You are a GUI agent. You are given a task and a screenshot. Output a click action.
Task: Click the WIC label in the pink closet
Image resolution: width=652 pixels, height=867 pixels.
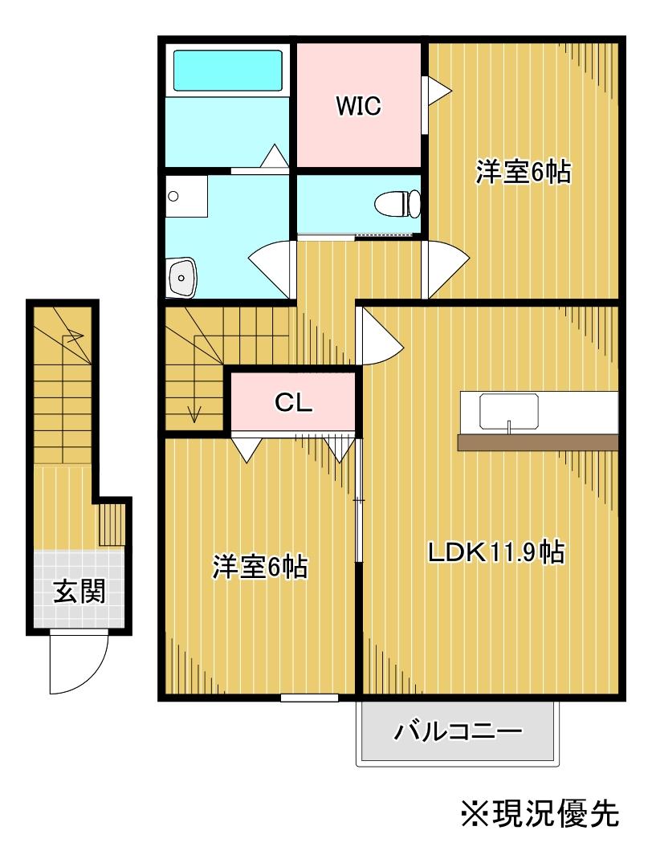pos(358,106)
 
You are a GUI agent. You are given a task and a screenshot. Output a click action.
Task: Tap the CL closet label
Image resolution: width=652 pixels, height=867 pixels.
pos(294,404)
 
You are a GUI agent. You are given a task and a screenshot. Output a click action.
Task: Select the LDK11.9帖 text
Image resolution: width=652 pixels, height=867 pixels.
pos(495,552)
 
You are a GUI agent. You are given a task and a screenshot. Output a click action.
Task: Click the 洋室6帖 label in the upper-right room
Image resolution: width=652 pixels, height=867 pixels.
pos(523,173)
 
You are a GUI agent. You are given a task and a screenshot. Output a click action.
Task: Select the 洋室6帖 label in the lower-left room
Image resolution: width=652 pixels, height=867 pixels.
pos(259,568)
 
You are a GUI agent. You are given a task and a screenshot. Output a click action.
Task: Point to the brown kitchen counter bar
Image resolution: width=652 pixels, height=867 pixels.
pos(537,442)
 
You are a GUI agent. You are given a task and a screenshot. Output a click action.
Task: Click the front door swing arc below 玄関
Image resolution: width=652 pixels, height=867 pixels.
pos(77,663)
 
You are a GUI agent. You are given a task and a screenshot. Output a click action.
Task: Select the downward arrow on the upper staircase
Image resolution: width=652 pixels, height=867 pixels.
pos(193,413)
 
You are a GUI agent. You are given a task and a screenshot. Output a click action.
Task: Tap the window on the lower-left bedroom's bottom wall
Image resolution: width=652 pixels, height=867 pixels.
pos(309,698)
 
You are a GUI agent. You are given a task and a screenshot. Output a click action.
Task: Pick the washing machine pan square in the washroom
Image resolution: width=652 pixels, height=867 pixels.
pos(186,195)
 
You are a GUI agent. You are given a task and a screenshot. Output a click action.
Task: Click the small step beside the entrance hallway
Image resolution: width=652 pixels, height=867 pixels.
pos(113,524)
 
